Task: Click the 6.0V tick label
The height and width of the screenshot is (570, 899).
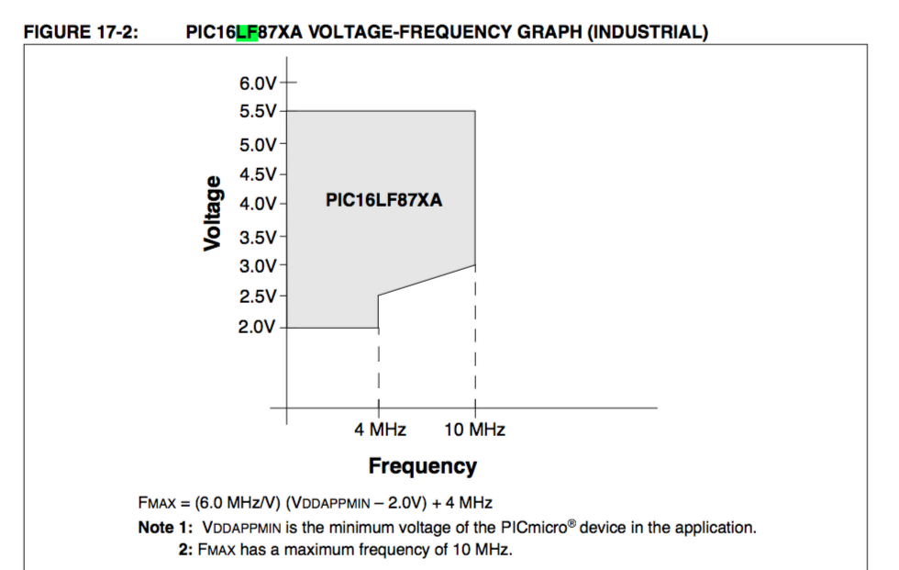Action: point(258,83)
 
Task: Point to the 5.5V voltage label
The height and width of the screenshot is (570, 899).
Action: point(258,111)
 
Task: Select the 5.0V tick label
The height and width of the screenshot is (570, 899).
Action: point(258,144)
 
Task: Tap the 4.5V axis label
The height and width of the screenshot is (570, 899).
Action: point(258,173)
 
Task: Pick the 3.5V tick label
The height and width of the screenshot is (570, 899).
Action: point(258,237)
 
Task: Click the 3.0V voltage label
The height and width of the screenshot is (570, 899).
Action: point(258,266)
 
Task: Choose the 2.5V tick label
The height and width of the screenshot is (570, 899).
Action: point(258,296)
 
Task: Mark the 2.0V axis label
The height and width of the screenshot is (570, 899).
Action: point(258,327)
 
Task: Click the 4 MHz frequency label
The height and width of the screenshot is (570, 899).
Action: point(380,430)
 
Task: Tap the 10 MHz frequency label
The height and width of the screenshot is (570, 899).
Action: point(474,430)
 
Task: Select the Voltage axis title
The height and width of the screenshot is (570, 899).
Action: point(213,212)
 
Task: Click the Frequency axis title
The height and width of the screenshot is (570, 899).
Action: point(422,466)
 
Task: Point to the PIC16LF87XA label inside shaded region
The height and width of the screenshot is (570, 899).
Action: point(383,200)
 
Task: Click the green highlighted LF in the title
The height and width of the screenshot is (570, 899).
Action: point(247,33)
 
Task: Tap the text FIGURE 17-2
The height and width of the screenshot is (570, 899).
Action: point(81,33)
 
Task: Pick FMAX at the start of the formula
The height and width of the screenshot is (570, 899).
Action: point(154,503)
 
